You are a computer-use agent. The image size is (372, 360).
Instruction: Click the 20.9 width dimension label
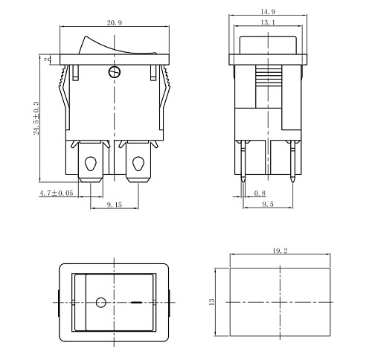point(115,23)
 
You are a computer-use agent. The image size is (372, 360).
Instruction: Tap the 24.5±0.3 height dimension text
point(36,118)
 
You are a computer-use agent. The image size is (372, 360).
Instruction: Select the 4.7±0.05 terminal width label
point(57,193)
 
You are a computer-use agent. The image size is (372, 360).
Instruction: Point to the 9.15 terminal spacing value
point(115,205)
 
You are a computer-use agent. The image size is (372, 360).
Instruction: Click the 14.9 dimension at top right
point(268,12)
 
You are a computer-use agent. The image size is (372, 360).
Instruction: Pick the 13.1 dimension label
point(268,22)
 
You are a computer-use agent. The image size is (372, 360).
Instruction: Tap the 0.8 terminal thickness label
point(260,193)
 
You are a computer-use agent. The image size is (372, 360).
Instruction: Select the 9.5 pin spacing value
point(268,204)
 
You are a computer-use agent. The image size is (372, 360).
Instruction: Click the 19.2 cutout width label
point(280,251)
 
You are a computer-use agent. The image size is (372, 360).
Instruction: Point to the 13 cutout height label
point(211,302)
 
